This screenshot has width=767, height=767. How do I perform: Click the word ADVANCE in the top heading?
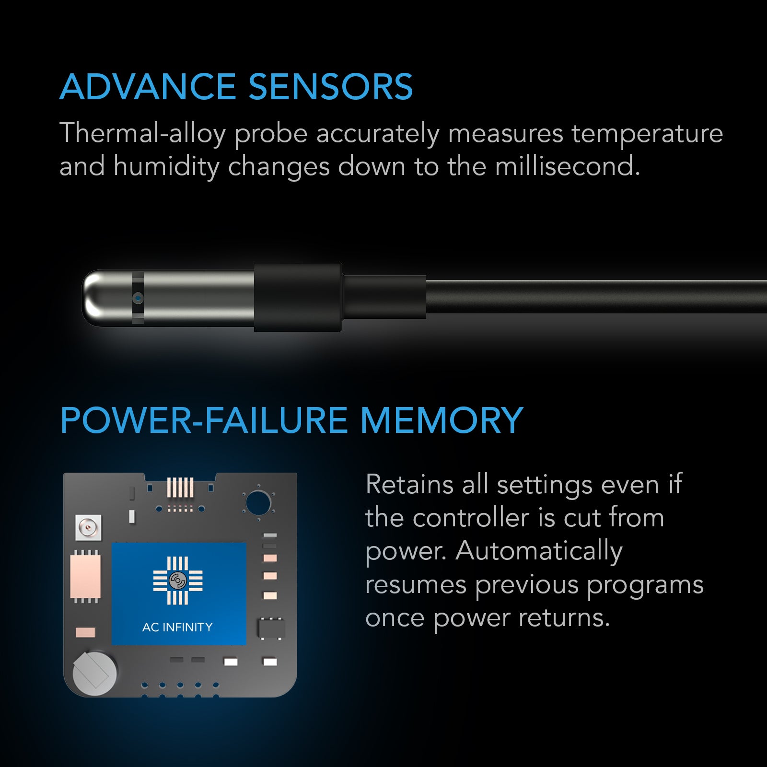point(148,87)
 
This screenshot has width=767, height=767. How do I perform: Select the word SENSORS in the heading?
point(330,87)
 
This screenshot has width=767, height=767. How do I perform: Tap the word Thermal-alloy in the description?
point(142,133)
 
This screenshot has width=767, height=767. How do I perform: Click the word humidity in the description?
point(166,167)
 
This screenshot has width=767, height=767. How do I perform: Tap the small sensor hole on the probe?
point(138,298)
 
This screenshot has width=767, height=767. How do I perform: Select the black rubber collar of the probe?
point(298,297)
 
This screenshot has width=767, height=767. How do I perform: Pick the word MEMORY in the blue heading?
point(441,420)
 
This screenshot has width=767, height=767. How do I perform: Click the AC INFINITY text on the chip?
point(177,627)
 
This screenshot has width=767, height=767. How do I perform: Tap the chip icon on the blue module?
point(178,581)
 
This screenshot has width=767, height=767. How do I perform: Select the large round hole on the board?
point(258,502)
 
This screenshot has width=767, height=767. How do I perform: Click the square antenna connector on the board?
point(89,528)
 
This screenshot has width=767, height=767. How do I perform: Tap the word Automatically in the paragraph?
point(539,551)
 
